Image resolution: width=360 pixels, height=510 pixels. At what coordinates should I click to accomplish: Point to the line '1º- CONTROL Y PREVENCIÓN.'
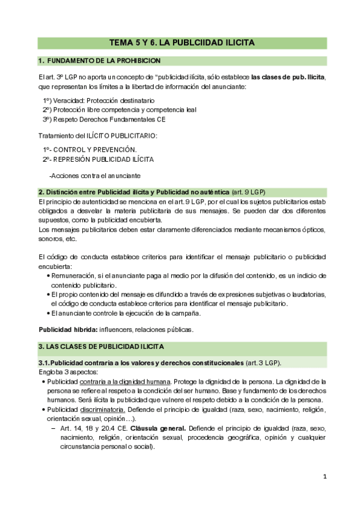pyautogui.click(x=90, y=149)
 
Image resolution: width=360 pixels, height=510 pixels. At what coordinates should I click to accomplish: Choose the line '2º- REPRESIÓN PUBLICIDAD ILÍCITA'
pyautogui.click(x=98, y=159)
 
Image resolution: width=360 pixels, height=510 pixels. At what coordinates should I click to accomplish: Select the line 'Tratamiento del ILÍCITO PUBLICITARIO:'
pyautogui.click(x=97, y=135)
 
